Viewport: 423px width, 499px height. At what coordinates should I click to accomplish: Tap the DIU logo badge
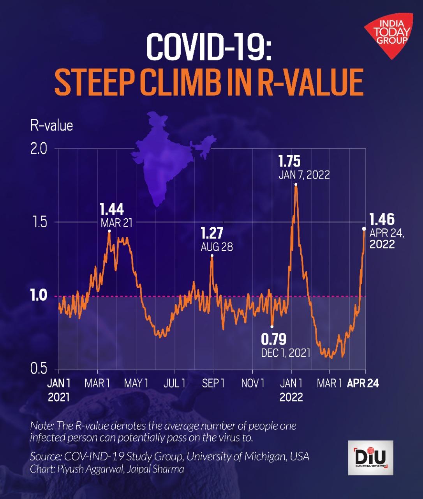coord(370,458)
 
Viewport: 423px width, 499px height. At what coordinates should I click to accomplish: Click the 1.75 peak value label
coord(289,161)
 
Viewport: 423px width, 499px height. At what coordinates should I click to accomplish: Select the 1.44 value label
coord(112,209)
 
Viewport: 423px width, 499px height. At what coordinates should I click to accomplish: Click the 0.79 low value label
coord(273,340)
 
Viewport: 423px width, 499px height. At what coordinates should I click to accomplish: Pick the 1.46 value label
coord(382,219)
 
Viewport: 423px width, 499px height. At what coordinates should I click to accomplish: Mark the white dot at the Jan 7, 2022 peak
coord(296,184)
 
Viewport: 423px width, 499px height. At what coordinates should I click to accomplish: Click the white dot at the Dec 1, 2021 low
coord(272,327)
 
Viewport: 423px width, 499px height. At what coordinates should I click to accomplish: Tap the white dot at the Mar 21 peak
coord(109,231)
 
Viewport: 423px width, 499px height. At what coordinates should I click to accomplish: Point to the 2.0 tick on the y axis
coord(39,149)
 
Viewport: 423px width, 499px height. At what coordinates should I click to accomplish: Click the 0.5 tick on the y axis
coord(39,369)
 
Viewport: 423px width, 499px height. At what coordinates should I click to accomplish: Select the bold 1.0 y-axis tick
coord(39,296)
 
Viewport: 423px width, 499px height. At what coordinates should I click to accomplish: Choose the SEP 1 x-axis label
coord(213,383)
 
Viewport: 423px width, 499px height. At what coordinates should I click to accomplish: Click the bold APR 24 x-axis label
coord(363,383)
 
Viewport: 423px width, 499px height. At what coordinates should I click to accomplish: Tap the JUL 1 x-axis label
coord(174,383)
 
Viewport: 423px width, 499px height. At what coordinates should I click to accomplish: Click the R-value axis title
coord(51,126)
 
